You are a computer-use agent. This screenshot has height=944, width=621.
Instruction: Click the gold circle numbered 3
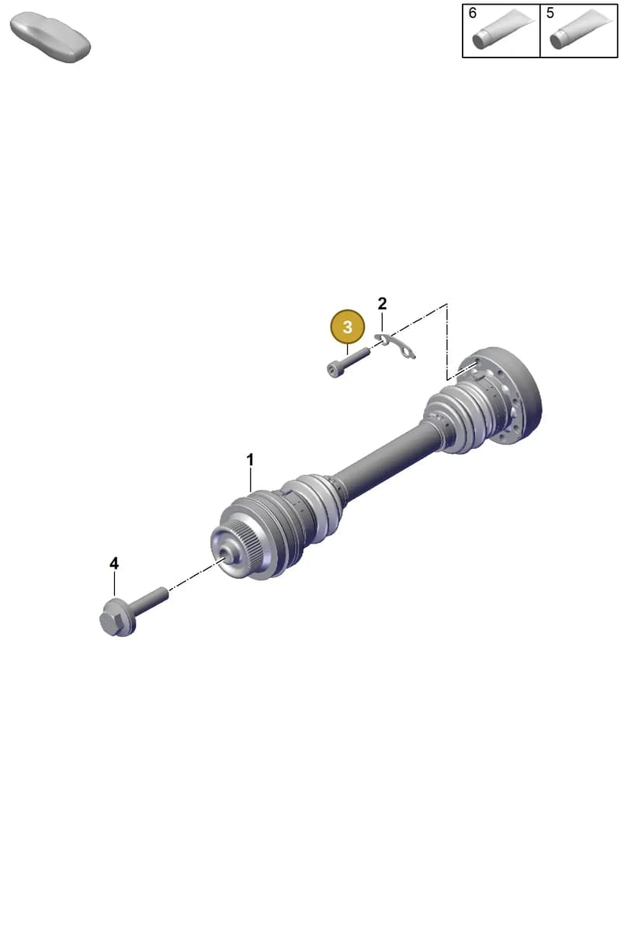pos(347,327)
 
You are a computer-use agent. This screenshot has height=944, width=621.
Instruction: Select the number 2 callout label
pos(382,304)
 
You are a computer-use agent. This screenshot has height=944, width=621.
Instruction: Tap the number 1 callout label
pos(250,460)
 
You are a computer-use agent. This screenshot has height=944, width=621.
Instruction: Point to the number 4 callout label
pos(114,563)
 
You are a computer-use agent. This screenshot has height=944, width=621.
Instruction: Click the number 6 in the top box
pos(473,13)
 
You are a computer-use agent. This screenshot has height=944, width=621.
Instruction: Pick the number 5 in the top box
pos(550,13)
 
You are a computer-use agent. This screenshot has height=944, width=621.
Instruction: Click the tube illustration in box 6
pos(503,28)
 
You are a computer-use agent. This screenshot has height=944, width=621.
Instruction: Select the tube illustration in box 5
pos(581,28)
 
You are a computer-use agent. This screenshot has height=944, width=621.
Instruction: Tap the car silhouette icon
pos(50,37)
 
